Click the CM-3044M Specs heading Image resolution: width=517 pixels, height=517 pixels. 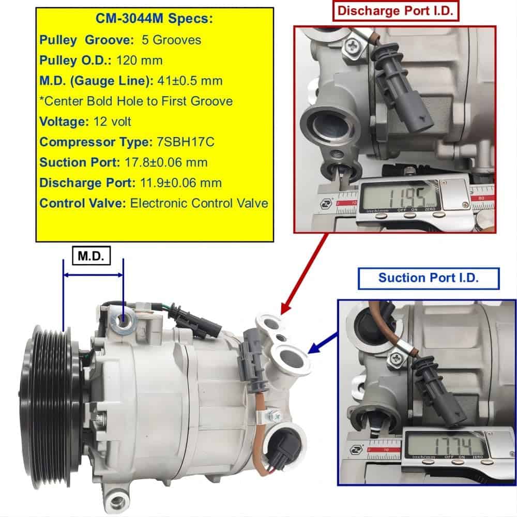(154, 19)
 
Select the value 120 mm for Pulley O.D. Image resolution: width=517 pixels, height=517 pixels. (140, 60)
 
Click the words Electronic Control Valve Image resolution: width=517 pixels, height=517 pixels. (199, 203)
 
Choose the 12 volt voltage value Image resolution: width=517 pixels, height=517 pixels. (112, 121)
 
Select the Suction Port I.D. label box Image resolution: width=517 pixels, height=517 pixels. (429, 278)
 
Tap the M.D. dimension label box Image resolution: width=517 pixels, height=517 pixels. (91, 255)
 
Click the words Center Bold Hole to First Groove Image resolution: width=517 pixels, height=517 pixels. (139, 101)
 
